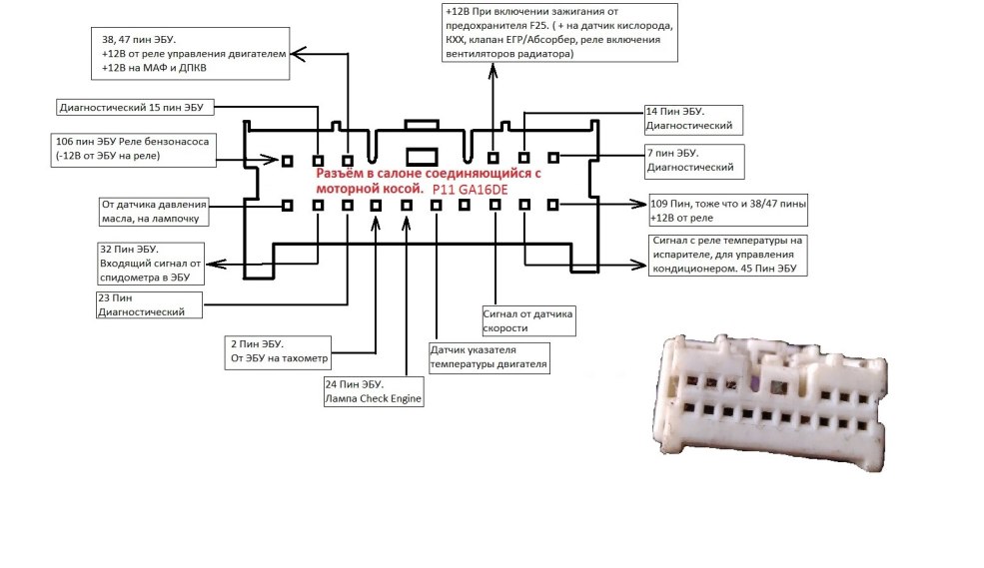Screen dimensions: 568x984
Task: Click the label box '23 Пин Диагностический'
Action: (x=147, y=304)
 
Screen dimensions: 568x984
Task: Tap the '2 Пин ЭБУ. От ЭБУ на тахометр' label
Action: (x=280, y=350)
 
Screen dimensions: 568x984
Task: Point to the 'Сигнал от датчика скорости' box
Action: (x=528, y=320)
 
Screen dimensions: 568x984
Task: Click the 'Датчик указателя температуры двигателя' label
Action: (x=489, y=357)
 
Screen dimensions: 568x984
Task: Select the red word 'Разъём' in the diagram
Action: (x=339, y=174)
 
